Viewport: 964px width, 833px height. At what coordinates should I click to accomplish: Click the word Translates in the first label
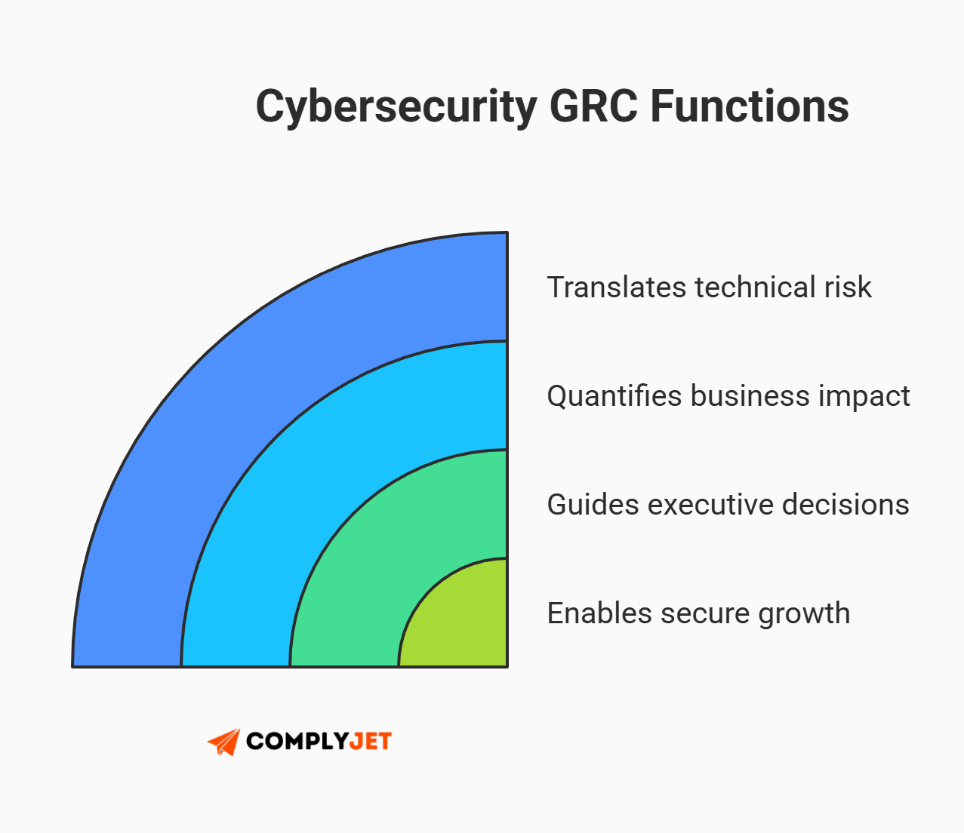coord(617,287)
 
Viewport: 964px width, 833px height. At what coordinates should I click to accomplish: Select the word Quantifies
coord(614,396)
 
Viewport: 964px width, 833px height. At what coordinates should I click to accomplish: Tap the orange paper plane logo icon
coord(224,742)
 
